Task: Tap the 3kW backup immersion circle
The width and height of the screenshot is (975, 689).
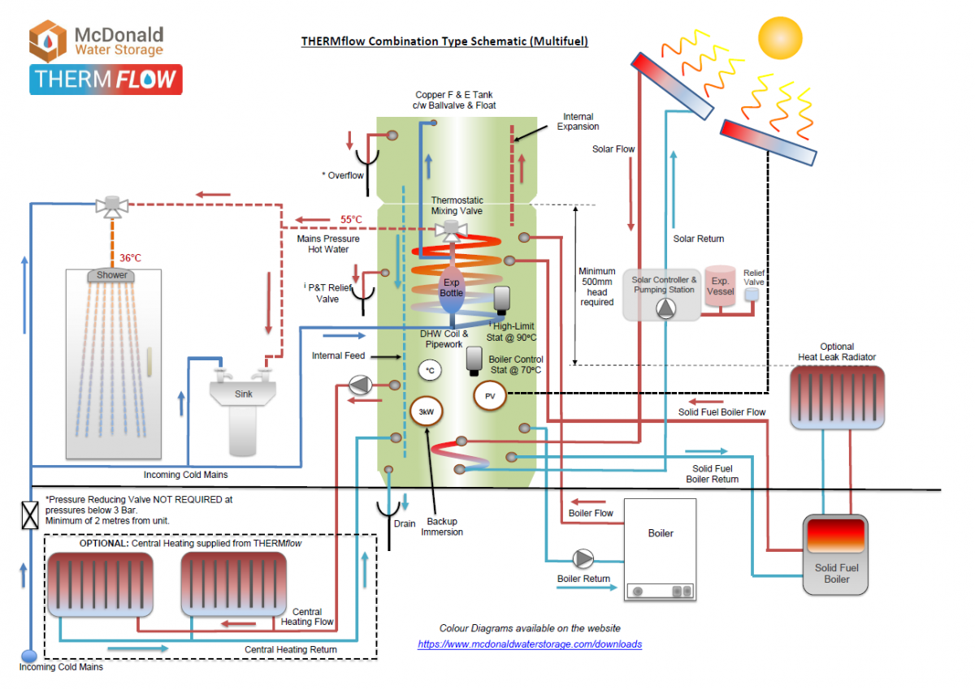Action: pyautogui.click(x=426, y=411)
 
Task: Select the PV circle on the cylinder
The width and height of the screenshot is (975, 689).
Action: pyautogui.click(x=490, y=396)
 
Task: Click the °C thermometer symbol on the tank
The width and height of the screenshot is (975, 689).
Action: pyautogui.click(x=431, y=371)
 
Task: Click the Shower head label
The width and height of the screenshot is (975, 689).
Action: pyautogui.click(x=112, y=275)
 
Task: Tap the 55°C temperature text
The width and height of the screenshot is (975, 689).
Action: pyautogui.click(x=351, y=220)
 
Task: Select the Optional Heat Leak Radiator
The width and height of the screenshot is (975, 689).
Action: pyautogui.click(x=837, y=397)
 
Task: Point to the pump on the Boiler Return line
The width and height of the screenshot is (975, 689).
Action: pyautogui.click(x=583, y=558)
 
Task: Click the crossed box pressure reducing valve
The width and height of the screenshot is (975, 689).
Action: pyautogui.click(x=30, y=515)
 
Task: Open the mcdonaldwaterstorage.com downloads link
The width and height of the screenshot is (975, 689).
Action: pyautogui.click(x=530, y=644)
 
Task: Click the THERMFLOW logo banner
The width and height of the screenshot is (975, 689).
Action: pyautogui.click(x=106, y=80)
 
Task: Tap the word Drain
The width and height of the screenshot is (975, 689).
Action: pyautogui.click(x=405, y=523)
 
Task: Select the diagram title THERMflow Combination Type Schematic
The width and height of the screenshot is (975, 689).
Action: pyautogui.click(x=444, y=41)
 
